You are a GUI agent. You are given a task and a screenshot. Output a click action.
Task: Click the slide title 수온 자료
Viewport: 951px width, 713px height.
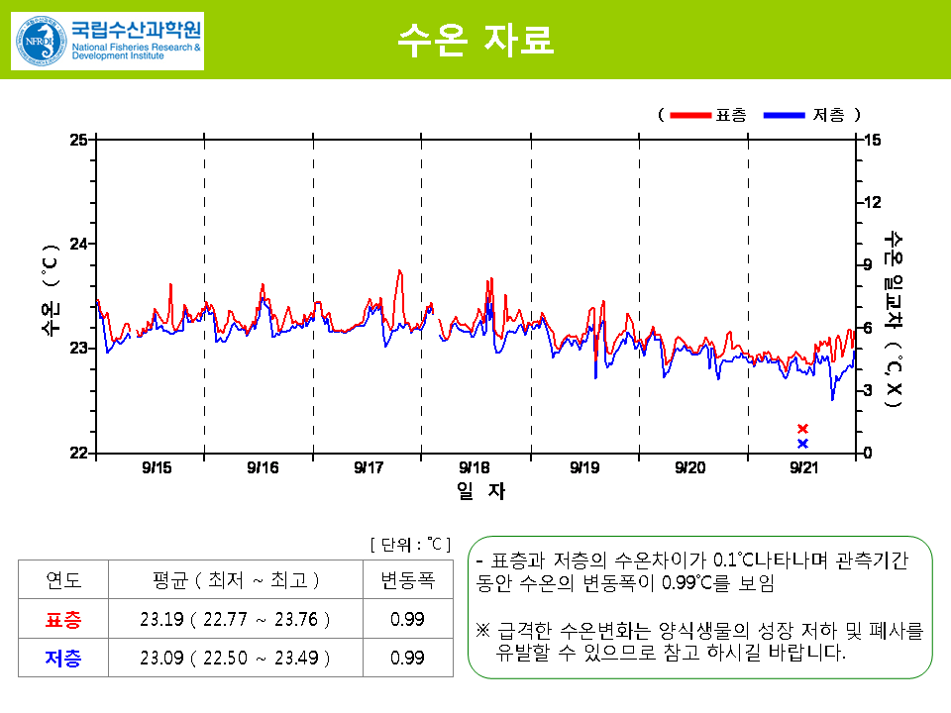(x=475, y=39)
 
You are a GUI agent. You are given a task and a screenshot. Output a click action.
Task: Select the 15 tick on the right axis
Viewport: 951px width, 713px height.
(x=872, y=139)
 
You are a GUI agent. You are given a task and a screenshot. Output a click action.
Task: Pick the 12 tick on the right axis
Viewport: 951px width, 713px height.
(x=872, y=202)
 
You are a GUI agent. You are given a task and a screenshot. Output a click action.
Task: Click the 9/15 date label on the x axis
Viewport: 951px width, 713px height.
(x=156, y=467)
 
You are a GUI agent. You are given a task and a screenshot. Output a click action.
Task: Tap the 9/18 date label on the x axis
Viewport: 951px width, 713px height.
(x=475, y=467)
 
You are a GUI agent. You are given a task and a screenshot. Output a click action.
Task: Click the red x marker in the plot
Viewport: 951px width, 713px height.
(x=802, y=429)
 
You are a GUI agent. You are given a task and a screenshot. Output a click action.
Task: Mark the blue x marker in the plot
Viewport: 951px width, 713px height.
(x=802, y=444)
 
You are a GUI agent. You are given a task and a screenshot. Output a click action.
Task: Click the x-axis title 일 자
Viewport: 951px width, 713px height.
(x=481, y=490)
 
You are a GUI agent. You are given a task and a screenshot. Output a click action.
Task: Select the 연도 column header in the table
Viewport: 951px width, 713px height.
(x=64, y=580)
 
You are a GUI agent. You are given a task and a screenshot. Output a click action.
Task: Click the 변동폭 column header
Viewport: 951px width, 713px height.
(x=407, y=580)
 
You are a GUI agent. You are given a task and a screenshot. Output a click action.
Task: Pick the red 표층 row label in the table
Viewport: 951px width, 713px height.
(x=64, y=620)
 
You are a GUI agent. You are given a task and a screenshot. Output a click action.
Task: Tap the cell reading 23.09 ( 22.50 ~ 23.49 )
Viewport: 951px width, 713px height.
(x=235, y=658)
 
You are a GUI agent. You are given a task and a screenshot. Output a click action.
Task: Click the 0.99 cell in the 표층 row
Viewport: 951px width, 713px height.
(x=407, y=620)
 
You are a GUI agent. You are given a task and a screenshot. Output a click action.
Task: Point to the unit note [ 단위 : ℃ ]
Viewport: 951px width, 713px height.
(x=410, y=545)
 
